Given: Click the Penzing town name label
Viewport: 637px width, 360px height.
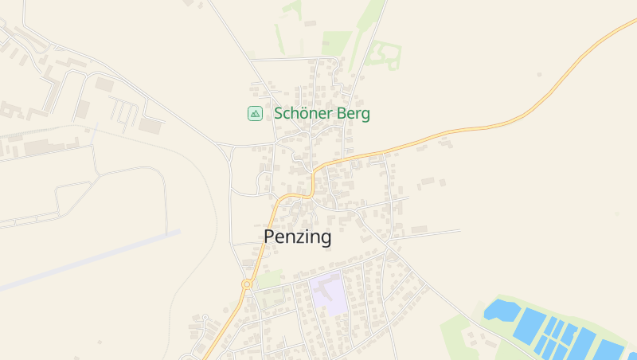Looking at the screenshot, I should pyautogui.click(x=297, y=237).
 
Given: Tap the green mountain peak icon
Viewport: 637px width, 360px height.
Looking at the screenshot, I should pyautogui.click(x=255, y=114).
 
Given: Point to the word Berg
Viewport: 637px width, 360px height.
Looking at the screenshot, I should pyautogui.click(x=354, y=115).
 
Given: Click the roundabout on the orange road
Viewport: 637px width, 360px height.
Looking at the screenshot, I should pyautogui.click(x=247, y=284).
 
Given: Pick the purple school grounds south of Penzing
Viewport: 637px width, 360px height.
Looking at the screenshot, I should pyautogui.click(x=328, y=292).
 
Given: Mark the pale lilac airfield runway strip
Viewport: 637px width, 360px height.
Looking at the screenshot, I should pyautogui.click(x=88, y=260).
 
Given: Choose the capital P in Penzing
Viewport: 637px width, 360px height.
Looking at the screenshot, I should pyautogui.click(x=270, y=237).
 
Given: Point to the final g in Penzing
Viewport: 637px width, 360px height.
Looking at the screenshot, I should pyautogui.click(x=325, y=239).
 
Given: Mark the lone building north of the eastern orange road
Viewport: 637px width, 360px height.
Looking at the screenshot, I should pyautogui.click(x=540, y=74).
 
